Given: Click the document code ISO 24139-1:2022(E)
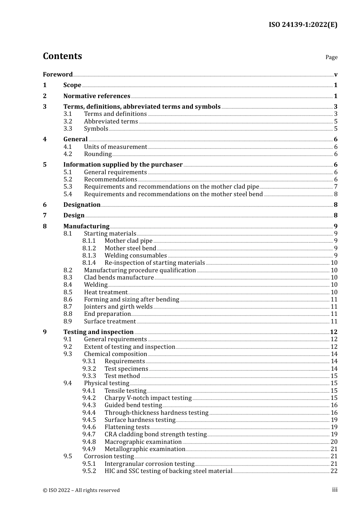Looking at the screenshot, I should point(303,25).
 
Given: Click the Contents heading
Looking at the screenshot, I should point(62,56).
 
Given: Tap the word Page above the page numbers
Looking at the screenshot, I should point(331,57).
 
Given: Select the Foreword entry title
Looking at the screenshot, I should point(58,74).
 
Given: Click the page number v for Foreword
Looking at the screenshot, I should point(336,74).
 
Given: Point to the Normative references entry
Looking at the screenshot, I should point(97,96).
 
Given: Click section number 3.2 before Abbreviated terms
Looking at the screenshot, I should point(68,121).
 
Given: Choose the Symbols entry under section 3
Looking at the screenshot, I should point(96,128).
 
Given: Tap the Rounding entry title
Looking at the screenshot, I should point(98,154).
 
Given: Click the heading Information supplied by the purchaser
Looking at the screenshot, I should point(123,164).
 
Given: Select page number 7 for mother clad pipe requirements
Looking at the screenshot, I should point(336,186).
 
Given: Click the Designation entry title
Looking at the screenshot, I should point(82,205).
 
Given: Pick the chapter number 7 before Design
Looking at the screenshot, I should point(45,215).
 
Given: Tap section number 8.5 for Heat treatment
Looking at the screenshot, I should point(68,292).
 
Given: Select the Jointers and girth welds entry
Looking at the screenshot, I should point(118,306).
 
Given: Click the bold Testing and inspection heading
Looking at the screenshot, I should point(98,332).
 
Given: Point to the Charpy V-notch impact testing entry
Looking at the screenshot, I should point(148,398).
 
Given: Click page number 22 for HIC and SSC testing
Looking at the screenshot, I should point(334,471).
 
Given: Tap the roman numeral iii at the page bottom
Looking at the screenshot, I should point(335,490).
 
